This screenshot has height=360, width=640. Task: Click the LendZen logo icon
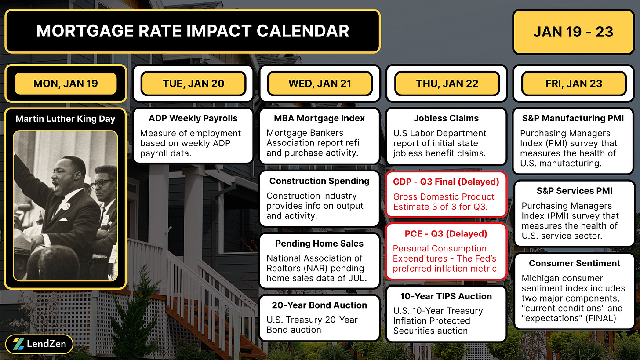click(x=18, y=344)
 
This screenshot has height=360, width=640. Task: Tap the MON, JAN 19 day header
click(x=65, y=84)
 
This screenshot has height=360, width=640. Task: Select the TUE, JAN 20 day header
click(x=193, y=84)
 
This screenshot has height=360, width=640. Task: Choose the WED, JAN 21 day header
click(x=320, y=84)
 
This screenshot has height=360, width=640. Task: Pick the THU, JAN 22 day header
click(x=447, y=84)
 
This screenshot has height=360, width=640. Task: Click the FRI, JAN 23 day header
click(x=574, y=84)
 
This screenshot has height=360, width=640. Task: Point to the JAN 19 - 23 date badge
click(x=573, y=32)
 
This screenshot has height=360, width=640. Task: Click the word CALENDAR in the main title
click(x=303, y=31)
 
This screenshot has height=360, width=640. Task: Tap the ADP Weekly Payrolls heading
click(x=193, y=118)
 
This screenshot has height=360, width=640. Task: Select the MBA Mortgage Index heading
click(x=320, y=118)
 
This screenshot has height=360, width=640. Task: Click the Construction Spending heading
click(x=320, y=181)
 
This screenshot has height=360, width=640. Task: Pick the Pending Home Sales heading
click(x=320, y=244)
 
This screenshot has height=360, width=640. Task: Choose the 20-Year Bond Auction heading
click(x=320, y=305)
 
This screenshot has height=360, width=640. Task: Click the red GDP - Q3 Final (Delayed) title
click(x=446, y=182)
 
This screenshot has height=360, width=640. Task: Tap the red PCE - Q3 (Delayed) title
click(x=446, y=234)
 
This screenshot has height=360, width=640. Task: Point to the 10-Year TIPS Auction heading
click(x=446, y=296)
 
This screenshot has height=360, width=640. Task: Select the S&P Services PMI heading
click(x=575, y=191)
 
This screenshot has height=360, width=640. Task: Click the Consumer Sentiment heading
click(x=575, y=263)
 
